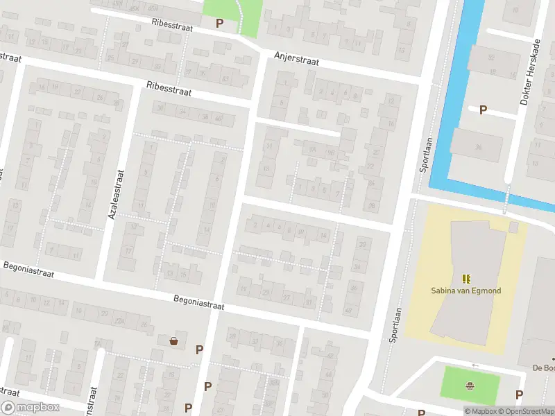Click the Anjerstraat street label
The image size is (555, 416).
pos(296,60)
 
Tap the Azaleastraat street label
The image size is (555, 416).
pos(116,196)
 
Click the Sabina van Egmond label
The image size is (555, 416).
pos(466,291)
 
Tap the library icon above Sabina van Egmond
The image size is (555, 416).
pos(466,279)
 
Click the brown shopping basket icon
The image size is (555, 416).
pos(173,340)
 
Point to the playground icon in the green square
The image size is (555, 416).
pos(470,386)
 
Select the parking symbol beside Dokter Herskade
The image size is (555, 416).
pos(483,110)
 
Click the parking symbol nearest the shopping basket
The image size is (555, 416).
pos(200,350)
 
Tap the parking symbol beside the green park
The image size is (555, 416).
pos(219,23)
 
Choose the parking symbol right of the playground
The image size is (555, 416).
pos(519,395)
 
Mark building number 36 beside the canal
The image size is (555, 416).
pos(478,147)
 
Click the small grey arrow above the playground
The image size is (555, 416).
pos(475,365)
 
